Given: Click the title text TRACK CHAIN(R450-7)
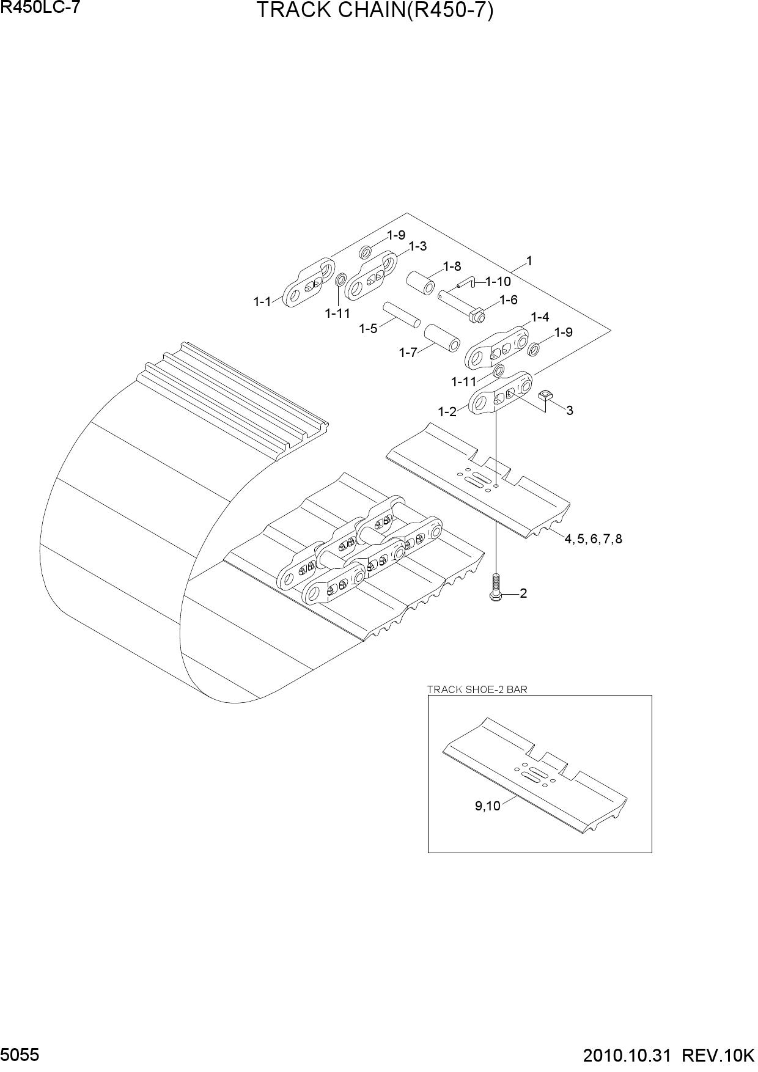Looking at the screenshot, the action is point(374,11).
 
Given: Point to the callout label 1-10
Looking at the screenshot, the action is point(498,282).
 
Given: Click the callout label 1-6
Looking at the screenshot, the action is point(508,300).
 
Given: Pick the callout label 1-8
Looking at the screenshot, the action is point(452,266).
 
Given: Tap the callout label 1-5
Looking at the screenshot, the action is point(368,329).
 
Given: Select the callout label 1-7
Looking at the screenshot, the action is point(408,353).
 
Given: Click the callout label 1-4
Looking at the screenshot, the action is point(540,317).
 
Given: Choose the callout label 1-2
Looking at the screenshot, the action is point(447,412).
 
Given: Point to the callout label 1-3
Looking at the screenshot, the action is point(418,246).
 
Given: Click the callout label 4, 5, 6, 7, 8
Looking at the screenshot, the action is point(593,539).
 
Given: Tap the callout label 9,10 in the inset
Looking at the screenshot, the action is point(488,806).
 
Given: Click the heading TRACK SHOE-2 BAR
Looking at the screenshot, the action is point(477,689).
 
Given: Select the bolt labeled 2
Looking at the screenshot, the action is point(496,586).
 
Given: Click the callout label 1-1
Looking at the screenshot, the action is point(262,301).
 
